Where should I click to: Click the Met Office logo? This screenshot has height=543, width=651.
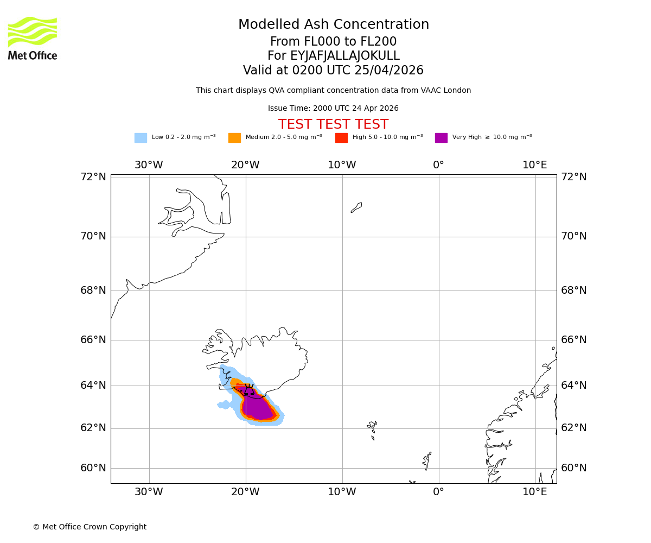[x=33, y=38]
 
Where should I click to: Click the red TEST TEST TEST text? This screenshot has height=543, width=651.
[x=333, y=124]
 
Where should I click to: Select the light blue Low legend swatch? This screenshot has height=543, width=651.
[x=141, y=138]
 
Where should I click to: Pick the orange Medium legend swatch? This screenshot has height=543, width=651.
[x=234, y=138]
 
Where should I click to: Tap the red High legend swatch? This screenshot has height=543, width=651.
[x=341, y=138]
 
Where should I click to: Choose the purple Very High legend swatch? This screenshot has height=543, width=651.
[x=441, y=138]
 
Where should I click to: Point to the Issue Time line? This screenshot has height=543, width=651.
[x=333, y=108]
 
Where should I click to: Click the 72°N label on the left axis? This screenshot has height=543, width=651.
[x=93, y=177]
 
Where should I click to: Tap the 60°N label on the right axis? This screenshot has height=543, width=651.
[x=574, y=468]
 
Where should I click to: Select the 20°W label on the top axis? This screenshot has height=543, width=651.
[x=245, y=165]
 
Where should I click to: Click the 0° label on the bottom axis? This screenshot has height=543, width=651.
[x=438, y=492]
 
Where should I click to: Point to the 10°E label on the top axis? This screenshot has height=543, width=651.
[x=534, y=165]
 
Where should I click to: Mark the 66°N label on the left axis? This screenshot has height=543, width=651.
[x=93, y=340]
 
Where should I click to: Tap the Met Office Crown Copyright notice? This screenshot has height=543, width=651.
[x=90, y=527]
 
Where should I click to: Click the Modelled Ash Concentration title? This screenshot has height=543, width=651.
[x=333, y=25]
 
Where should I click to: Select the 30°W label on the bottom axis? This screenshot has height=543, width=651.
[x=149, y=492]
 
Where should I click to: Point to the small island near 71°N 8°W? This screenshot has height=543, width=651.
[x=356, y=207]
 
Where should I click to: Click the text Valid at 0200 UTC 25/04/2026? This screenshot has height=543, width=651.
[x=333, y=71]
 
